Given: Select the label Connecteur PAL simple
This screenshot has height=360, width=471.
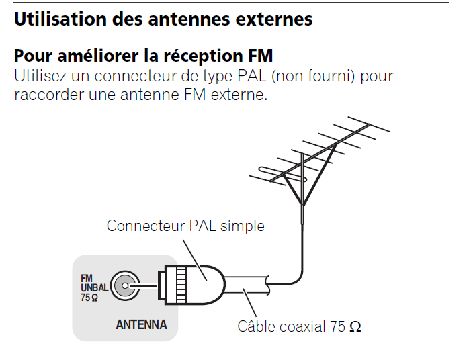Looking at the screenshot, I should click(185, 226).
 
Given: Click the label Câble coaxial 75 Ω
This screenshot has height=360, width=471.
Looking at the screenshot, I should click(299, 327).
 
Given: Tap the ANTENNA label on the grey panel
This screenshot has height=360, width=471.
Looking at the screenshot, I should click(141, 325).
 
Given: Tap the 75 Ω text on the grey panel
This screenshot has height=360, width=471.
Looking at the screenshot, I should click(89, 297).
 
